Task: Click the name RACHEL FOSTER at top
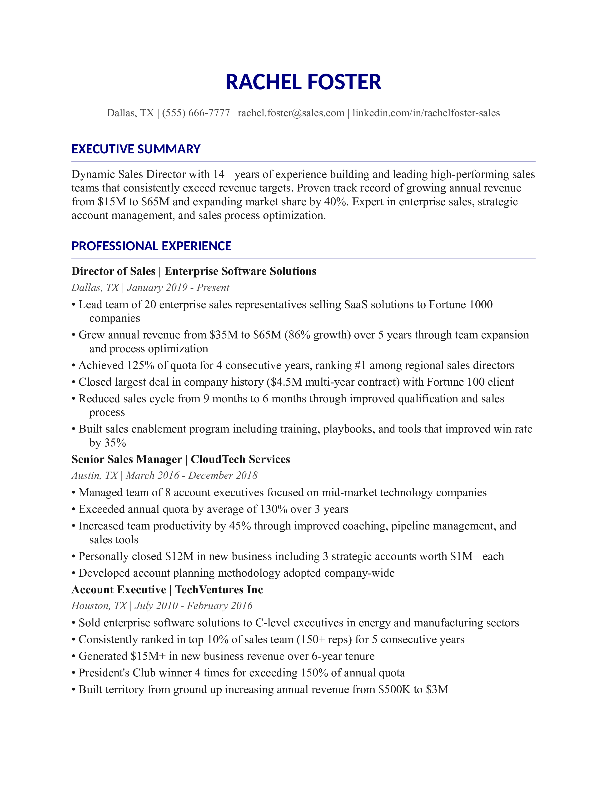[x=303, y=82]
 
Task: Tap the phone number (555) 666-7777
[x=196, y=113]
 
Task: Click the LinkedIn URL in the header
[x=426, y=113]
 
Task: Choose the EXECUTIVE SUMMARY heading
[x=136, y=149]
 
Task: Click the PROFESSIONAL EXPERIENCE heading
[x=151, y=246]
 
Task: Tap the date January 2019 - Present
[x=178, y=287]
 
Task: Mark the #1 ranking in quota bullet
[x=360, y=366]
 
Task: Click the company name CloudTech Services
[x=240, y=460]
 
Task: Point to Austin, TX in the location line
[x=95, y=476]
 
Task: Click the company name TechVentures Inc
[x=219, y=590]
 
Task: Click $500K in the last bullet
[x=394, y=690]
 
